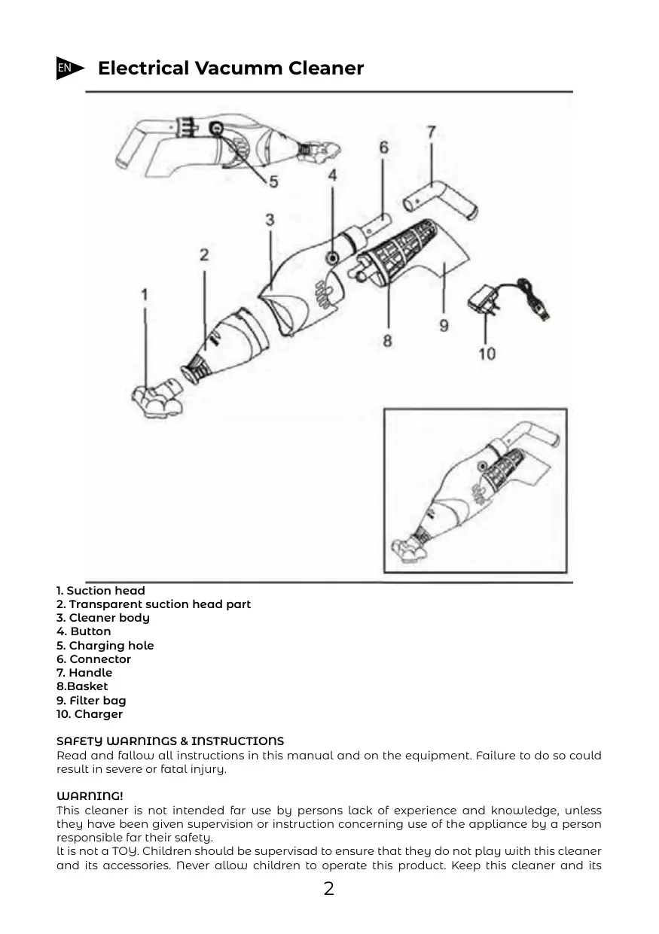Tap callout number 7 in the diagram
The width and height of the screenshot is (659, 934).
pos(431,132)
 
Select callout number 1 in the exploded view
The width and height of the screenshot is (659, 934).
pos(145,294)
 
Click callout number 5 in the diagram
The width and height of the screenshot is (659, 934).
pos(273,181)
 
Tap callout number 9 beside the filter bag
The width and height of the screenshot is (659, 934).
pos(444,325)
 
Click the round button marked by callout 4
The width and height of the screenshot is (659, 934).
pos(332,258)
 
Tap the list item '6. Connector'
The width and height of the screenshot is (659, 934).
pos(94,659)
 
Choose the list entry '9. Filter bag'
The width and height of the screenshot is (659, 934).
pos(91,701)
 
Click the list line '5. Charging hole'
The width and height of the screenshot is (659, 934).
pos(105,646)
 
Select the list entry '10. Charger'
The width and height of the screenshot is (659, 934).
pos(90,714)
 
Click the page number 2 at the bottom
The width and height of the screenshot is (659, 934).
pos(329,890)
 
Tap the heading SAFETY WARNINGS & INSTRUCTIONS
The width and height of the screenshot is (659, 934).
pos(170,741)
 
